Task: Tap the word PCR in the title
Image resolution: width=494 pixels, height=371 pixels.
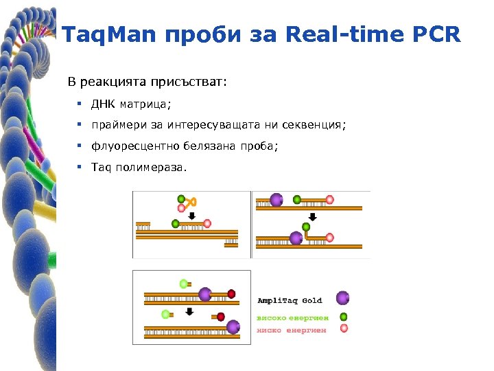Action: point(434,34)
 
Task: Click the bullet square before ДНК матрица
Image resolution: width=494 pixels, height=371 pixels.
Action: point(80,104)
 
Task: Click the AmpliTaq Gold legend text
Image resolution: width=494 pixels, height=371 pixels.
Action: point(289,300)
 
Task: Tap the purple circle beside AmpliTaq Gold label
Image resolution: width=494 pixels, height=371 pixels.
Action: point(342,298)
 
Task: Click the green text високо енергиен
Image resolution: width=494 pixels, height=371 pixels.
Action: point(292,317)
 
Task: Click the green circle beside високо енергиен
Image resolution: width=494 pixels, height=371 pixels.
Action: point(344,317)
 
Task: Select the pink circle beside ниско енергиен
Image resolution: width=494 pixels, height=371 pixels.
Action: point(344,329)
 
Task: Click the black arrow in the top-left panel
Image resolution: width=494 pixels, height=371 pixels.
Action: point(191,215)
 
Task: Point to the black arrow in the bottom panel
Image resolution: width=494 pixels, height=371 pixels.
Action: point(189,311)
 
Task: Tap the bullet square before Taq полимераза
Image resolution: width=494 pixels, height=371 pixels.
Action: point(80,167)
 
